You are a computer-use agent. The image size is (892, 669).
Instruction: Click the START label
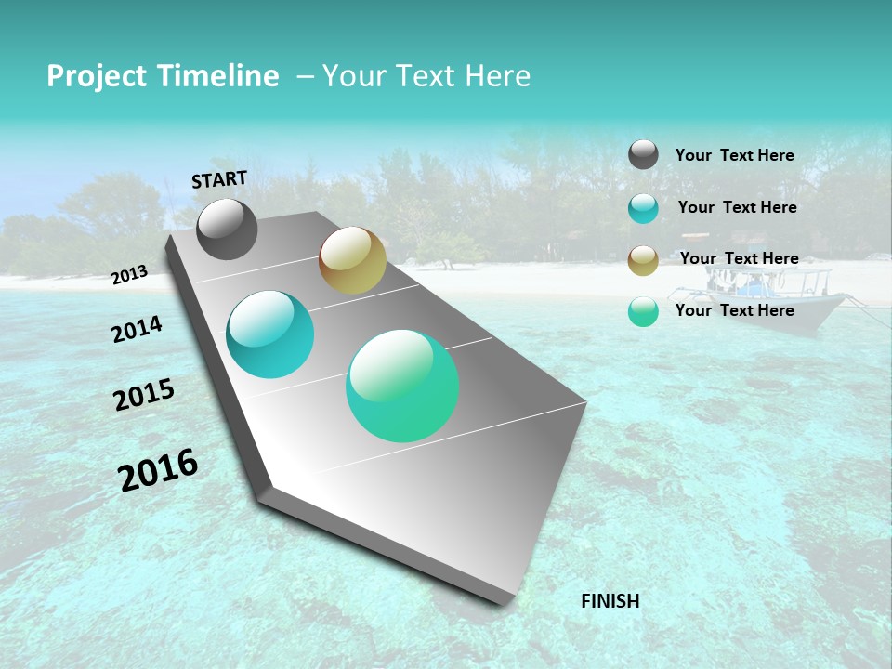tap(219, 178)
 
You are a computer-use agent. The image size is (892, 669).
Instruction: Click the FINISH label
tap(610, 600)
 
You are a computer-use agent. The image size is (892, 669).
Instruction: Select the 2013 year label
tap(129, 274)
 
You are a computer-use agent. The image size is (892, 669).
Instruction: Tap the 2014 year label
tap(137, 329)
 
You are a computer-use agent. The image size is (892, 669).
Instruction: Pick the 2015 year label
tap(144, 395)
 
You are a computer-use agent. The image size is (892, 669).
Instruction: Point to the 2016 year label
tap(158, 470)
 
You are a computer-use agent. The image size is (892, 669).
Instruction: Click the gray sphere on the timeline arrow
tap(227, 230)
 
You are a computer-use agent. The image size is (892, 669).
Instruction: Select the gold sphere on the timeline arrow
tap(352, 260)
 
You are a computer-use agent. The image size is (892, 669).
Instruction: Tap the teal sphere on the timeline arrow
tap(269, 334)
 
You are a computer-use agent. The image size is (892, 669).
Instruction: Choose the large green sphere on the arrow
tap(402, 385)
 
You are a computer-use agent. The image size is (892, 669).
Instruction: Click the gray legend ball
tap(643, 154)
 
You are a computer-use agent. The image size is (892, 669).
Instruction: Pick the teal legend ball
tap(643, 208)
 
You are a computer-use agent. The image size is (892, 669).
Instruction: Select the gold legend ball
tap(643, 260)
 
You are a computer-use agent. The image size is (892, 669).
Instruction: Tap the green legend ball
tap(643, 311)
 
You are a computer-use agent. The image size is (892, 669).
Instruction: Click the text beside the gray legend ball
tap(734, 155)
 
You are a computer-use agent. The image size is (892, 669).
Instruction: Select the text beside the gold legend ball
tap(739, 258)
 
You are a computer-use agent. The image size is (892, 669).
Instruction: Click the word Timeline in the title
tap(218, 76)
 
